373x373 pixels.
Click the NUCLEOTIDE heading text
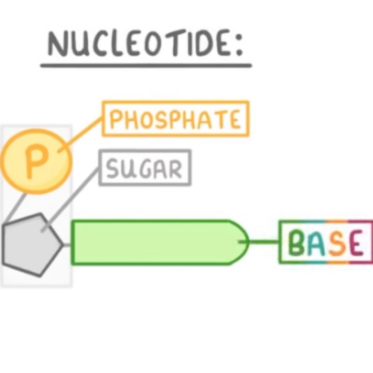coord(140,45)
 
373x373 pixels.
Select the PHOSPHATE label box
coord(175,119)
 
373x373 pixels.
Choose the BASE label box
coord(326,242)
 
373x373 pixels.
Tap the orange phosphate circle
coord(36,161)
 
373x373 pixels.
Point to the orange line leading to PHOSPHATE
coord(81,134)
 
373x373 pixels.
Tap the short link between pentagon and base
coord(67,245)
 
